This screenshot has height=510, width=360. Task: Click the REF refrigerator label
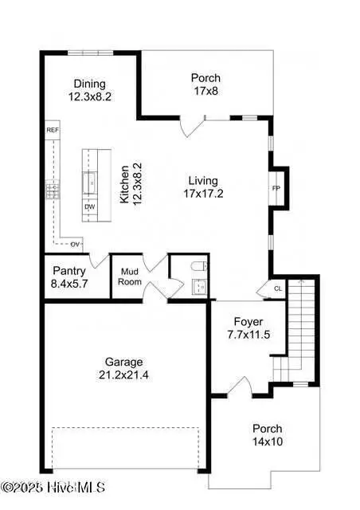point(53,130)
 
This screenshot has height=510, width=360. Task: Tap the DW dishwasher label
point(89,206)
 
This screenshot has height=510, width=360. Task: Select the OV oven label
point(76,244)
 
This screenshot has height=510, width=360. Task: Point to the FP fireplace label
point(276,189)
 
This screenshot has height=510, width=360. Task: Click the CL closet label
point(277,289)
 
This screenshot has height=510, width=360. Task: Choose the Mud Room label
point(129,277)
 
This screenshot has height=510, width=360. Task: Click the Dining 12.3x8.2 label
point(89,89)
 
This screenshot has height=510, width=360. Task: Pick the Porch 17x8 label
point(205,84)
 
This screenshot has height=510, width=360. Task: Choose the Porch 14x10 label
point(267,434)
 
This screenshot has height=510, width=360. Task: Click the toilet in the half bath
point(200,266)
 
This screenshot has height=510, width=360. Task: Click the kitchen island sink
point(89,180)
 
